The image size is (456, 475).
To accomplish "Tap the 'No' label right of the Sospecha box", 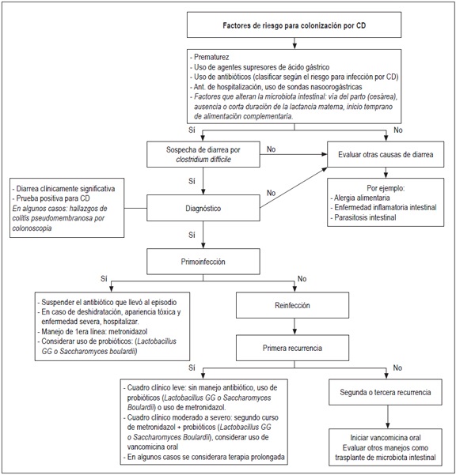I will tap(271, 148).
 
